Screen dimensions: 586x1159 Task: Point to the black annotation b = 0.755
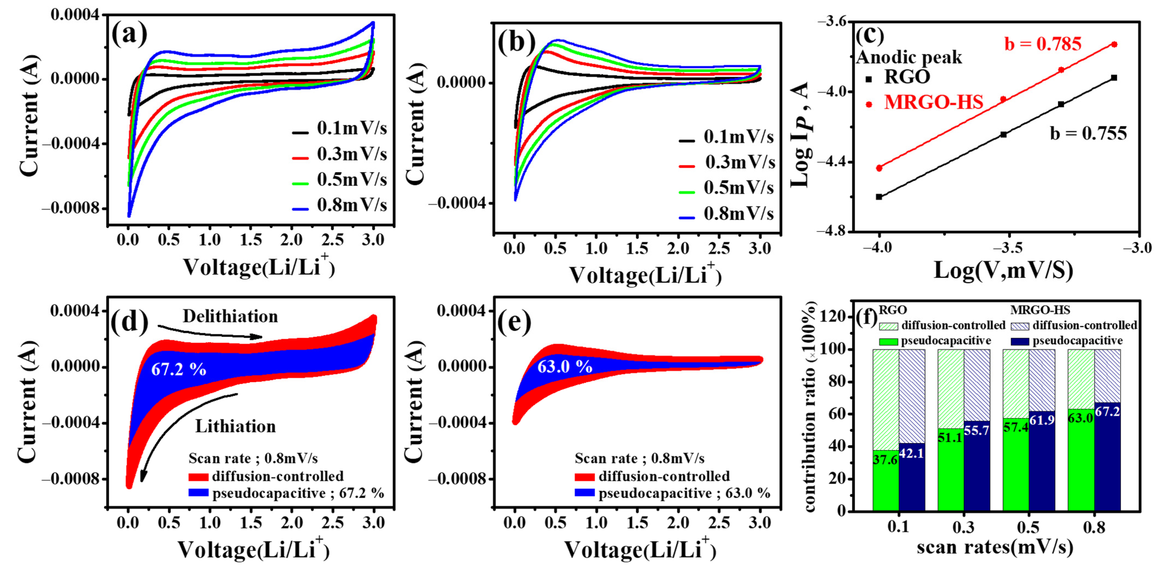click(1088, 134)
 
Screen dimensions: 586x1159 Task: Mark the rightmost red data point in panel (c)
click(1114, 44)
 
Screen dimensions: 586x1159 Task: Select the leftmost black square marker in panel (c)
click(879, 197)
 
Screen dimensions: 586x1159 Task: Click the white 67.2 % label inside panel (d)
click(179, 370)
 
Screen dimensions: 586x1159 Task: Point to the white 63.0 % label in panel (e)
click(565, 367)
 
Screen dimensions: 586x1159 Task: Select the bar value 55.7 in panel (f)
click(976, 430)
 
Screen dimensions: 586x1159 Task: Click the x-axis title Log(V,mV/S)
click(1004, 270)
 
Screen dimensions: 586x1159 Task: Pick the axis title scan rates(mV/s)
click(995, 547)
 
